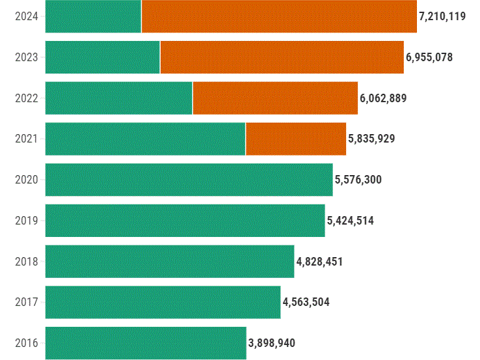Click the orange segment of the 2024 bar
(x=278, y=16)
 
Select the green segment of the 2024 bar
(x=93, y=16)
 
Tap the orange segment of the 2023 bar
(x=282, y=57)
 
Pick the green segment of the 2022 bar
(x=118, y=98)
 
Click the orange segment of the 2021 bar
(x=296, y=139)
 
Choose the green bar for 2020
(x=189, y=180)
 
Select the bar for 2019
(x=185, y=221)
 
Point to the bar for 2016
(x=146, y=343)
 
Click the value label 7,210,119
(x=442, y=16)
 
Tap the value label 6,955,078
(x=429, y=57)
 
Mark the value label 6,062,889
(x=383, y=98)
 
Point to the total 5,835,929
(x=371, y=139)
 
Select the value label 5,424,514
(x=351, y=221)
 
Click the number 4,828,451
(x=319, y=262)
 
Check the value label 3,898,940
(x=272, y=343)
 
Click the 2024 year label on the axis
(x=27, y=16)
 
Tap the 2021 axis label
(x=27, y=139)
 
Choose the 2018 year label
(x=27, y=262)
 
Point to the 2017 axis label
(x=27, y=302)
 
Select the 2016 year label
(x=27, y=343)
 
